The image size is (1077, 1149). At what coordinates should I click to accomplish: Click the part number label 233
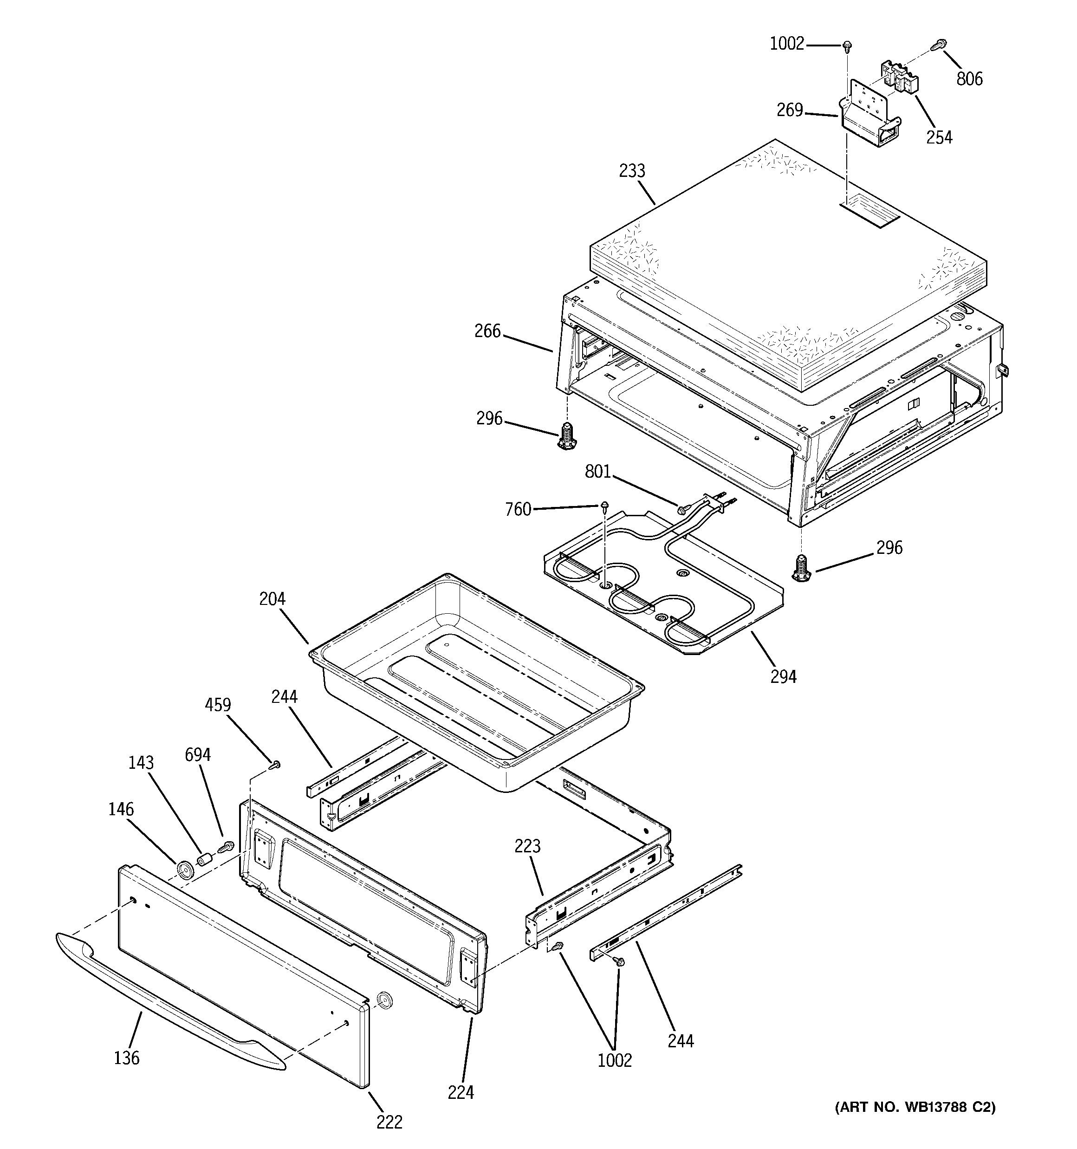pyautogui.click(x=632, y=171)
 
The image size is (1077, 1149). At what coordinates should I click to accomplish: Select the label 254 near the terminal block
pyautogui.click(x=939, y=137)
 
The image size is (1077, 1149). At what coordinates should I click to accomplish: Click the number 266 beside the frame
pyautogui.click(x=487, y=331)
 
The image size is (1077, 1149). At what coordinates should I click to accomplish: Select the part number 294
pyautogui.click(x=783, y=676)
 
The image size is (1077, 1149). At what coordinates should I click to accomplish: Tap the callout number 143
pyautogui.click(x=141, y=762)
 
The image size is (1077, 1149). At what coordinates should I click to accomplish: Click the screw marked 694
pyautogui.click(x=225, y=848)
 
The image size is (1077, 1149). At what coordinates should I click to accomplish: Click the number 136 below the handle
pyautogui.click(x=127, y=1058)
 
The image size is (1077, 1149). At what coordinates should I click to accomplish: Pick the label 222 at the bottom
pyautogui.click(x=389, y=1122)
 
